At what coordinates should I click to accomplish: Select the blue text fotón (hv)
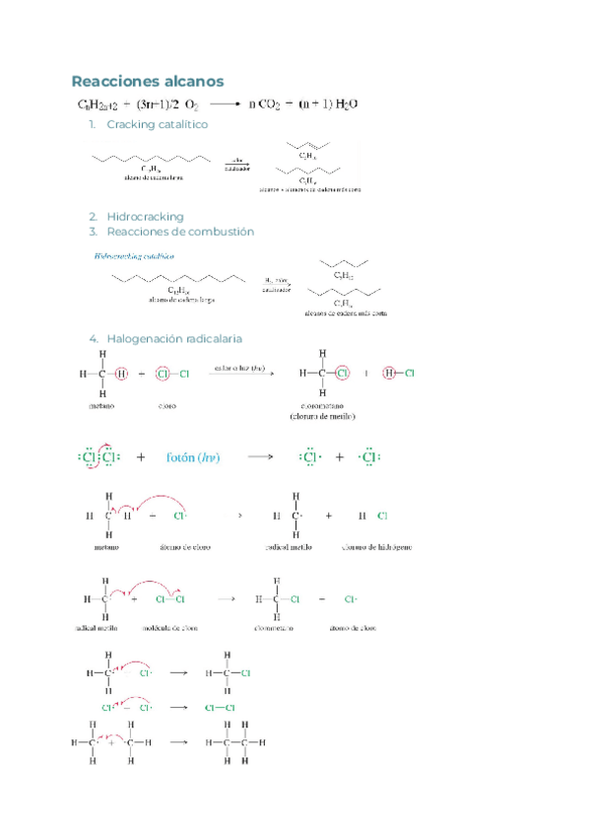pyautogui.click(x=193, y=457)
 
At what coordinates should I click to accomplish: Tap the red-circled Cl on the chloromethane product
pyautogui.click(x=343, y=374)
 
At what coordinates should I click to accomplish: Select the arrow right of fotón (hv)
pyautogui.click(x=260, y=457)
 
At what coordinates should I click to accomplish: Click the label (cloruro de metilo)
pyautogui.click(x=322, y=416)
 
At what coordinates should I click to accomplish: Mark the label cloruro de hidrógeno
pyautogui.click(x=376, y=545)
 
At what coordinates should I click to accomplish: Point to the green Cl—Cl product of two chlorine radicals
pyautogui.click(x=220, y=708)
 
